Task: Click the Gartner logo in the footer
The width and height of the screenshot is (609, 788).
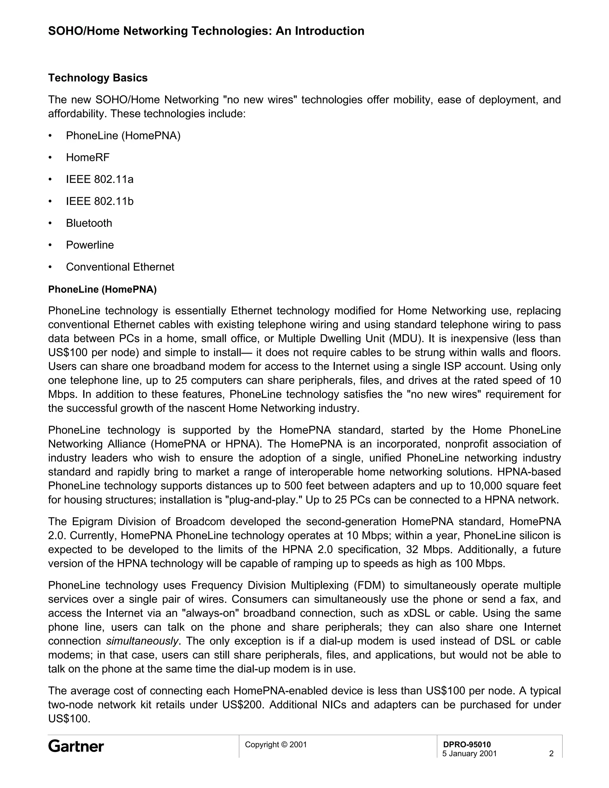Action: pyautogui.click(x=76, y=746)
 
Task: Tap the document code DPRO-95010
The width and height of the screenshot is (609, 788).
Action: pyautogui.click(x=467, y=744)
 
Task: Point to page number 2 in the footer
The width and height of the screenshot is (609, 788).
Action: pyautogui.click(x=551, y=754)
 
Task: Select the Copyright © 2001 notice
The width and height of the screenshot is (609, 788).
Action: pyautogui.click(x=276, y=744)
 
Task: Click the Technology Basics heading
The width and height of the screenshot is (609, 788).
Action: pyautogui.click(x=98, y=78)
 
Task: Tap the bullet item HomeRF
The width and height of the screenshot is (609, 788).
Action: pyautogui.click(x=88, y=157)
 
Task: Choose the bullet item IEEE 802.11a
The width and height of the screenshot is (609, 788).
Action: pyautogui.click(x=100, y=179)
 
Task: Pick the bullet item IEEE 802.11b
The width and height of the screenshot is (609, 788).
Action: pyautogui.click(x=100, y=201)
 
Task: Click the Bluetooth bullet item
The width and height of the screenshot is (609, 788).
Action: pyautogui.click(x=89, y=223)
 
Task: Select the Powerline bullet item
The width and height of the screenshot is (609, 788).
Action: pyautogui.click(x=90, y=245)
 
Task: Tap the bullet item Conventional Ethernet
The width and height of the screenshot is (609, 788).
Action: pyautogui.click(x=120, y=267)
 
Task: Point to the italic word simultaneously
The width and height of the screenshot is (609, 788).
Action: pyautogui.click(x=142, y=641)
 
